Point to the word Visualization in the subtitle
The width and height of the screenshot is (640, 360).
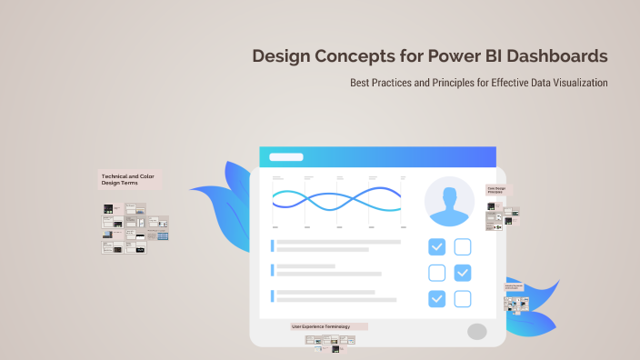point(575,83)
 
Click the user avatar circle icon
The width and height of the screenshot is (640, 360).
point(449,202)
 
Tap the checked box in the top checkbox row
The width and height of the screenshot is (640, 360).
point(437,246)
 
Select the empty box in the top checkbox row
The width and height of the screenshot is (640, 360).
point(463,246)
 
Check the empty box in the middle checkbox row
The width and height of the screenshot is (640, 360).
point(437,273)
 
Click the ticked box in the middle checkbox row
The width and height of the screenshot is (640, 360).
point(463,273)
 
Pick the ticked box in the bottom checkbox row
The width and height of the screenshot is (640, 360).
point(437,299)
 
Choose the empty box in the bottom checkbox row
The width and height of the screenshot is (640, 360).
point(463,299)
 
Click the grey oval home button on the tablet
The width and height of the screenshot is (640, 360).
point(477,331)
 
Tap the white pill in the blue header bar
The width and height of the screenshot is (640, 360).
point(286,157)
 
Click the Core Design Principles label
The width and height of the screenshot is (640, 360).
point(498,190)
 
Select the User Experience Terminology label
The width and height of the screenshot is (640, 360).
point(328,325)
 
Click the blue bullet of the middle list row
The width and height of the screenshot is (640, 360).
point(272,269)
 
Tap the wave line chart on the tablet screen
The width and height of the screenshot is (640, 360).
point(337,199)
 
